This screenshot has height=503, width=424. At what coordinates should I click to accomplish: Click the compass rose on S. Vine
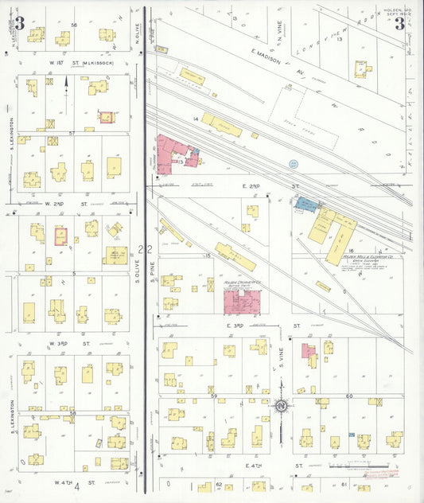pos(281,408)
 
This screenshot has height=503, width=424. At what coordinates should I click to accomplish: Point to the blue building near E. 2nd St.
pos(306,205)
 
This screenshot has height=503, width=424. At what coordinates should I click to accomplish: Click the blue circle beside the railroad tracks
pos(294,164)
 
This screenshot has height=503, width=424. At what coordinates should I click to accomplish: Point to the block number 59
pos(213,396)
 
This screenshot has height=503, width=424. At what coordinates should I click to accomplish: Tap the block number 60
pos(348,396)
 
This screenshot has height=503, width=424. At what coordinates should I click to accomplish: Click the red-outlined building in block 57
pos(106,118)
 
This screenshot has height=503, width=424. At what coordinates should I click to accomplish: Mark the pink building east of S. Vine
pos(308,349)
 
